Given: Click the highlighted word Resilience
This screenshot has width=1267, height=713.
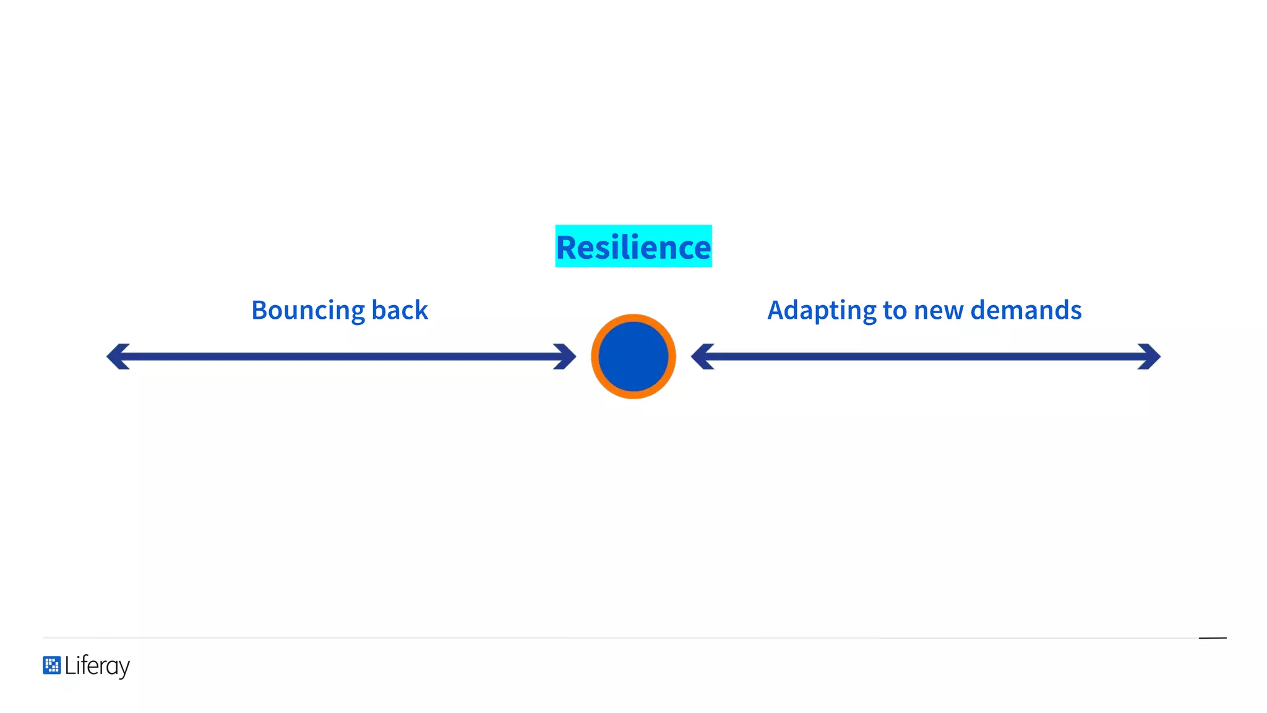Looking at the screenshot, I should pyautogui.click(x=633, y=247).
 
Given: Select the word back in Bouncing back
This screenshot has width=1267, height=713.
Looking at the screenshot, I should pyautogui.click(x=400, y=310).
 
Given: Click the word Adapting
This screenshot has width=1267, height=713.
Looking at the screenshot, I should pyautogui.click(x=822, y=311).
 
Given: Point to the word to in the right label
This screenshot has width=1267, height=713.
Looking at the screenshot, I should pyautogui.click(x=895, y=311).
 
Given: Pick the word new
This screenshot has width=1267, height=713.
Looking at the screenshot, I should pyautogui.click(x=938, y=311).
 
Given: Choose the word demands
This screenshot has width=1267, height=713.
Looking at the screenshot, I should pyautogui.click(x=1026, y=310).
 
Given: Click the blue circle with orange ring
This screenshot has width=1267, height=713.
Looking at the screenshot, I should pyautogui.click(x=633, y=356).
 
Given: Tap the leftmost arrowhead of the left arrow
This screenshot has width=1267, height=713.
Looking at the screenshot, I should pyautogui.click(x=116, y=356).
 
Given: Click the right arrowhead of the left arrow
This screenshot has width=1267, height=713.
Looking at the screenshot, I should pyautogui.click(x=566, y=356).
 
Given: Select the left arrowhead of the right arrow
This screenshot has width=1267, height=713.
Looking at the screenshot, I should pyautogui.click(x=701, y=356).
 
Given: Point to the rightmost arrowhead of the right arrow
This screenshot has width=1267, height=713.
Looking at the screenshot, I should pyautogui.click(x=1151, y=356).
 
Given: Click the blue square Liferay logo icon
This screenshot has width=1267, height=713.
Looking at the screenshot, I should pyautogui.click(x=52, y=665).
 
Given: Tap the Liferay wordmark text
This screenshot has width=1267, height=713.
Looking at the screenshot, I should pyautogui.click(x=97, y=666).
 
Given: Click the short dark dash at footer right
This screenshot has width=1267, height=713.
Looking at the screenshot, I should pyautogui.click(x=1213, y=637).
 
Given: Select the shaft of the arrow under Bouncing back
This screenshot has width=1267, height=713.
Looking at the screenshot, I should pyautogui.click(x=340, y=356).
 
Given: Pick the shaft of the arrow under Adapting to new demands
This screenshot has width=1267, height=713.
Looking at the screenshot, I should pyautogui.click(x=926, y=356).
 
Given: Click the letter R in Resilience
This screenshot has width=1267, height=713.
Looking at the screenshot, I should pyautogui.click(x=567, y=248).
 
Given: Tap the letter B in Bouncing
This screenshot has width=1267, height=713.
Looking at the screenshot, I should pyautogui.click(x=260, y=310).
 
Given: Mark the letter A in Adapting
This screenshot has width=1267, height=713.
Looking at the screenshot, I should pyautogui.click(x=776, y=310).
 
